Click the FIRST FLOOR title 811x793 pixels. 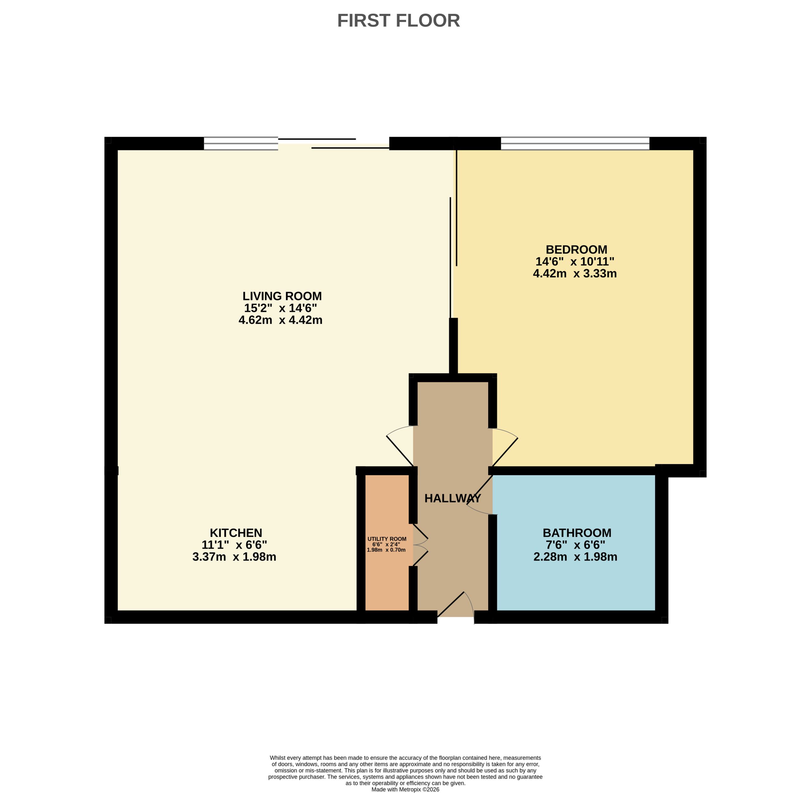[x=398, y=20]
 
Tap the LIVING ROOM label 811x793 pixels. [x=282, y=296]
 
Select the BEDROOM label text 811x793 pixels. [x=577, y=249]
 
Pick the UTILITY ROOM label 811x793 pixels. [x=387, y=539]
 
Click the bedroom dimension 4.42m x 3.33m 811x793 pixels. [x=575, y=274]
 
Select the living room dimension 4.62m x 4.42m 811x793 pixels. [x=280, y=320]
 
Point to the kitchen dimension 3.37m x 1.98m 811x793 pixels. [x=234, y=557]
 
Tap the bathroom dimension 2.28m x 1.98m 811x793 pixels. [x=575, y=557]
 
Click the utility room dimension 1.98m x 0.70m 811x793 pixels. [x=386, y=550]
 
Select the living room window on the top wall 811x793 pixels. [x=241, y=143]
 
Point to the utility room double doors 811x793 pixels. [x=420, y=545]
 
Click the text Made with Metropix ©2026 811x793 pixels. [x=405, y=789]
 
